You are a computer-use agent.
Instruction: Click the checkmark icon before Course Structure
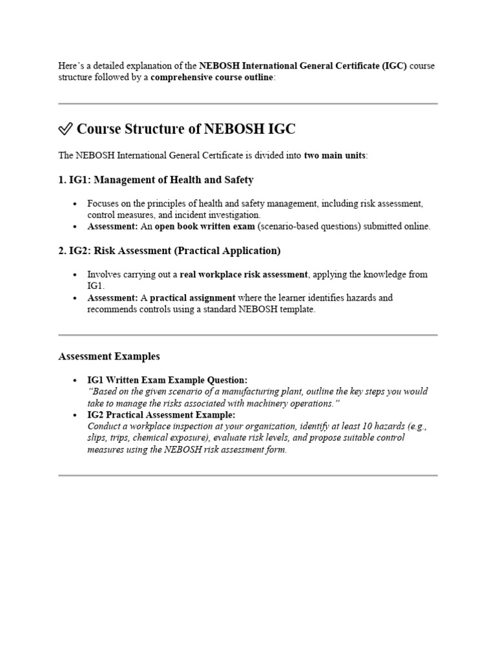[x=65, y=129]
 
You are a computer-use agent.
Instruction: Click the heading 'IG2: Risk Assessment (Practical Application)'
[x=169, y=250]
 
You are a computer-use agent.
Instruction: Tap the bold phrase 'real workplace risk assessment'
[x=243, y=274]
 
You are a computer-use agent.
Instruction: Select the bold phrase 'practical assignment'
[x=192, y=297]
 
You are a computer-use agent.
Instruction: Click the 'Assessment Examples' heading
[x=109, y=356]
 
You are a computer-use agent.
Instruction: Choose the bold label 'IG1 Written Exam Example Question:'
[x=167, y=380]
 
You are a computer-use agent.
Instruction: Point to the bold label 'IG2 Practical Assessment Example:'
[x=161, y=414]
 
